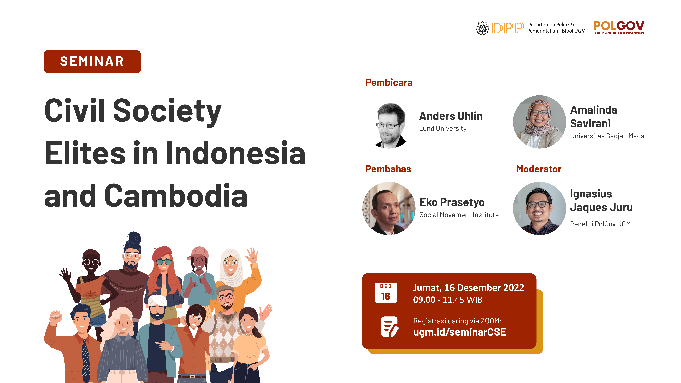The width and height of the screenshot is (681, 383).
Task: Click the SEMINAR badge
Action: [x=92, y=62]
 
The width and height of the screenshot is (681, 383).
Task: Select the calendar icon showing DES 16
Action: [x=386, y=293]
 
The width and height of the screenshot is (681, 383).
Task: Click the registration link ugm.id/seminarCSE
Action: [x=459, y=332]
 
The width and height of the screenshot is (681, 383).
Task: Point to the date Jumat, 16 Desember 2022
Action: [x=468, y=288]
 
